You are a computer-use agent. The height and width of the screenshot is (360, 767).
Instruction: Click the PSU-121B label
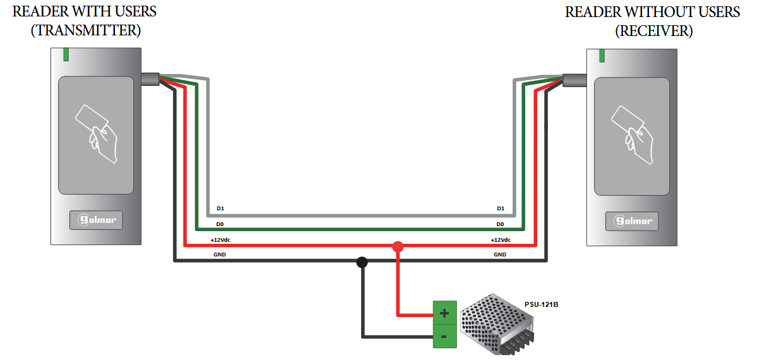coord(541,304)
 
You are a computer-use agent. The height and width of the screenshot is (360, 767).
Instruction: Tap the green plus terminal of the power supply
coord(444,313)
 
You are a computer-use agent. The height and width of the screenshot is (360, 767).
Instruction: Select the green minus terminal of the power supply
coord(444,336)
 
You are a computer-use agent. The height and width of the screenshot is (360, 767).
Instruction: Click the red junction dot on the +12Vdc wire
coord(398,246)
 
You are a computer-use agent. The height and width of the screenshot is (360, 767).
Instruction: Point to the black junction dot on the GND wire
coord(362,261)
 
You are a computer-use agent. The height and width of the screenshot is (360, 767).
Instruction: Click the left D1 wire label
coord(220,208)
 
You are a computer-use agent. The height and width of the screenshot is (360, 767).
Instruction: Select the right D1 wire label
coord(501,208)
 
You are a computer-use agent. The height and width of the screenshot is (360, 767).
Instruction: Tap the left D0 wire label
coord(220,224)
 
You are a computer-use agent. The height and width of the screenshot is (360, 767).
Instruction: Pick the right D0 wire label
coord(500,224)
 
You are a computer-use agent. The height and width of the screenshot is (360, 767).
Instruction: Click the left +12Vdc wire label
coord(222,239)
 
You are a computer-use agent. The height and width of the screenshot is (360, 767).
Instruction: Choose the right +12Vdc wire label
coord(501,239)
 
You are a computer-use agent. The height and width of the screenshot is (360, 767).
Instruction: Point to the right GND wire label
coord(500,255)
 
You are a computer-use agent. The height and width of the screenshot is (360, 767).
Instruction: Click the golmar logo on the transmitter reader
coord(96,220)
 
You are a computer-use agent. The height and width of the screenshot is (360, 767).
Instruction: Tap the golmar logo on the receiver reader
coord(632,221)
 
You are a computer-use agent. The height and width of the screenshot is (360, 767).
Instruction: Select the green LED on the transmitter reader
coord(66,55)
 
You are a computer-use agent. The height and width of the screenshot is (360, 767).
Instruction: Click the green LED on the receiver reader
coord(602,55)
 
